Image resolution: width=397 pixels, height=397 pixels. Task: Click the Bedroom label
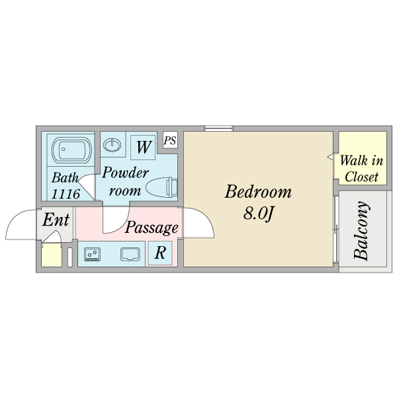tap(258, 193)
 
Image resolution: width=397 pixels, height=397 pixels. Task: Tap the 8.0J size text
tap(258, 214)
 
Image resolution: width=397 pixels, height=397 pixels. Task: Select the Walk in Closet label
tap(362, 169)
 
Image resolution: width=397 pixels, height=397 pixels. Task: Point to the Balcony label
tap(362, 232)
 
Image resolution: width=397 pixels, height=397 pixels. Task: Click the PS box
tap(170, 140)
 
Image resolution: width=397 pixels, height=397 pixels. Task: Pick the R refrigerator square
tap(159, 253)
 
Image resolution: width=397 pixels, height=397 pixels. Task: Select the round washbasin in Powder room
tap(114, 144)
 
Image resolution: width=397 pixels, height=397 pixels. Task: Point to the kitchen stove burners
tap(91, 253)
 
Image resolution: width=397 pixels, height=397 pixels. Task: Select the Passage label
tap(152, 228)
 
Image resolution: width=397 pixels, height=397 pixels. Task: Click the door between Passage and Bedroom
tap(198, 224)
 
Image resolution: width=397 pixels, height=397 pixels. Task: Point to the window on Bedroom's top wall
tap(218, 128)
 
